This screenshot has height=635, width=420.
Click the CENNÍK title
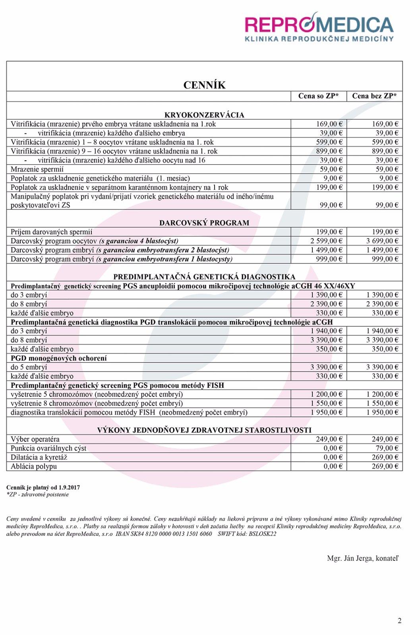204,85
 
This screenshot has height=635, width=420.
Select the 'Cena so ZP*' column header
318,96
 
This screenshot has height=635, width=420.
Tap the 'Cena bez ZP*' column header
374,96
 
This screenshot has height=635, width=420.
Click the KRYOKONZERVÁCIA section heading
204,115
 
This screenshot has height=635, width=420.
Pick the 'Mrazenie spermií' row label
37,169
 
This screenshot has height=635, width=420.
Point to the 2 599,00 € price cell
326,241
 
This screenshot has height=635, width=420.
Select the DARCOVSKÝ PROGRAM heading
204,223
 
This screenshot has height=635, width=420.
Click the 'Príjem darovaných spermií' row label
51,232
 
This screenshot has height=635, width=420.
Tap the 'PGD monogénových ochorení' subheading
59,358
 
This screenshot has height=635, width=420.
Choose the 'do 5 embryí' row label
29,367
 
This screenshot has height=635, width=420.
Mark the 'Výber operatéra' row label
35,439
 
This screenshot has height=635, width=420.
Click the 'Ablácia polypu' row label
34,467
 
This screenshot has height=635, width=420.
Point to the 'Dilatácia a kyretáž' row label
39,458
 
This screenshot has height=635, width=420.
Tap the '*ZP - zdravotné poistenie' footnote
38,495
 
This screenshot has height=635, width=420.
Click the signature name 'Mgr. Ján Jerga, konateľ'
362,558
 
